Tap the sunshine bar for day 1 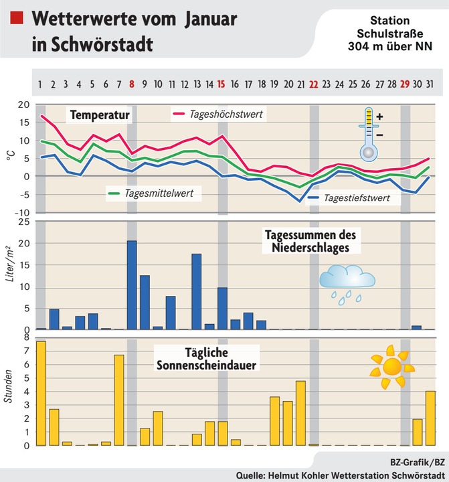[41, 393]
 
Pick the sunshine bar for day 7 [119, 400]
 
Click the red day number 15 [221, 84]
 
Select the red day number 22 [313, 84]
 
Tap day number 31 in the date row [430, 84]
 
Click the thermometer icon [368, 134]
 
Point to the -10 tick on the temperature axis [22, 213]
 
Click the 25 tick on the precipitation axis [23, 222]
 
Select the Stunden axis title [9, 390]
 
